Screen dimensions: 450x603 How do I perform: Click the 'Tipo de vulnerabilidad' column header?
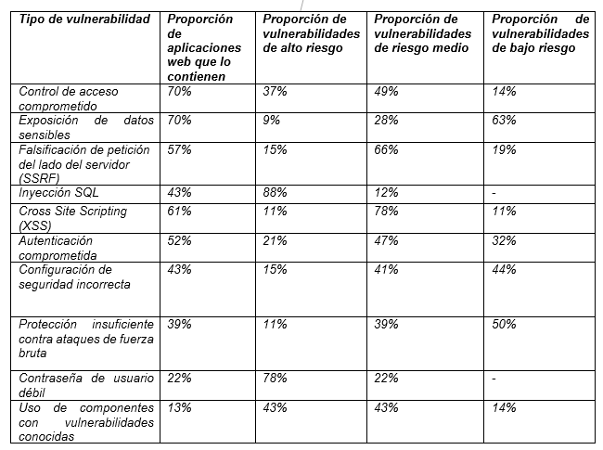[x=84, y=19]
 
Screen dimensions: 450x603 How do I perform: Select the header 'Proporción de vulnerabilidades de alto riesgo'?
[x=311, y=33]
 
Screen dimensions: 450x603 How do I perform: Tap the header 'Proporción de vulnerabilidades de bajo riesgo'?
[x=540, y=33]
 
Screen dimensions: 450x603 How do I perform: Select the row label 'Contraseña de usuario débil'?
[x=86, y=383]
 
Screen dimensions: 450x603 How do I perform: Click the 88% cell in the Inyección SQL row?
[x=274, y=192]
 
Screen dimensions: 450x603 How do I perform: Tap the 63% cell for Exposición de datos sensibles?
[x=505, y=120]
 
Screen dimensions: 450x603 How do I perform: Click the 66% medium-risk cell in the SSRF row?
[x=386, y=148]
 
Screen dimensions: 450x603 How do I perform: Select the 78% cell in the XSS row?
[x=386, y=211]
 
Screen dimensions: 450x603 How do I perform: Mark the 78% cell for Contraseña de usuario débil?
[x=274, y=378]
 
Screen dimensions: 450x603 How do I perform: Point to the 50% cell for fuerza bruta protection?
[x=505, y=325]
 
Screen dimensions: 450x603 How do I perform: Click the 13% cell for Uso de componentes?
[x=179, y=406]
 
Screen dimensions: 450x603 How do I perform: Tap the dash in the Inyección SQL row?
[x=494, y=192]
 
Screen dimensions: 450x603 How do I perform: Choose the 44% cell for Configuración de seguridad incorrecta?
[x=505, y=269]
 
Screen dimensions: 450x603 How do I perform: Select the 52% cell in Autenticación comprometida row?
[x=179, y=240]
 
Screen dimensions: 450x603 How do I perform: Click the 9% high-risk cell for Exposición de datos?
[x=271, y=120]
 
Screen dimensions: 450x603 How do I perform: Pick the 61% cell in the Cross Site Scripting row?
[x=179, y=211]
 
